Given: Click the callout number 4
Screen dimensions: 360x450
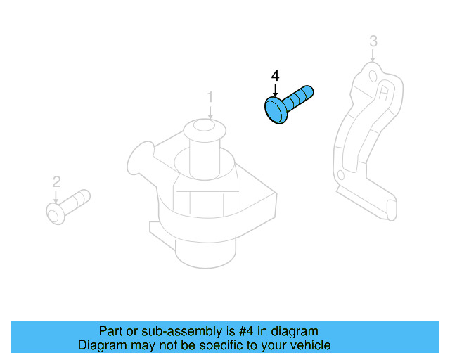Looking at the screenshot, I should tap(275, 75).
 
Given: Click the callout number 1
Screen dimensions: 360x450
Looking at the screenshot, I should tap(210, 96).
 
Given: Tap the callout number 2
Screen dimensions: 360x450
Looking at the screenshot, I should tap(56, 182).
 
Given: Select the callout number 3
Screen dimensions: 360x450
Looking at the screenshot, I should tap(373, 41).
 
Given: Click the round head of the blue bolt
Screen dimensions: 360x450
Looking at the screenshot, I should tap(275, 111).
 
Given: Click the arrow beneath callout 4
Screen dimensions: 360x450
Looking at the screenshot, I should tap(275, 90).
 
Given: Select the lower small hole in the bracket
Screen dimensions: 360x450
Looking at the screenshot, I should tap(341, 174).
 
